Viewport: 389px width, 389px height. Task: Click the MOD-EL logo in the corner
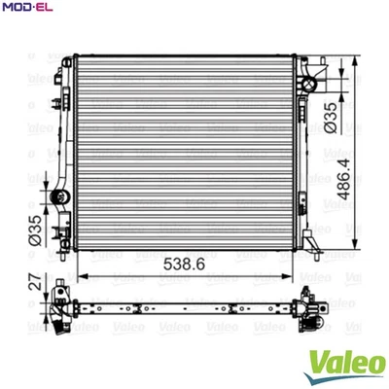28,9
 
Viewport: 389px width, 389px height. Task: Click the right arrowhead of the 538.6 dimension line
291,277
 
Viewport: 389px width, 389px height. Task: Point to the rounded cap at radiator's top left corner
64,62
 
